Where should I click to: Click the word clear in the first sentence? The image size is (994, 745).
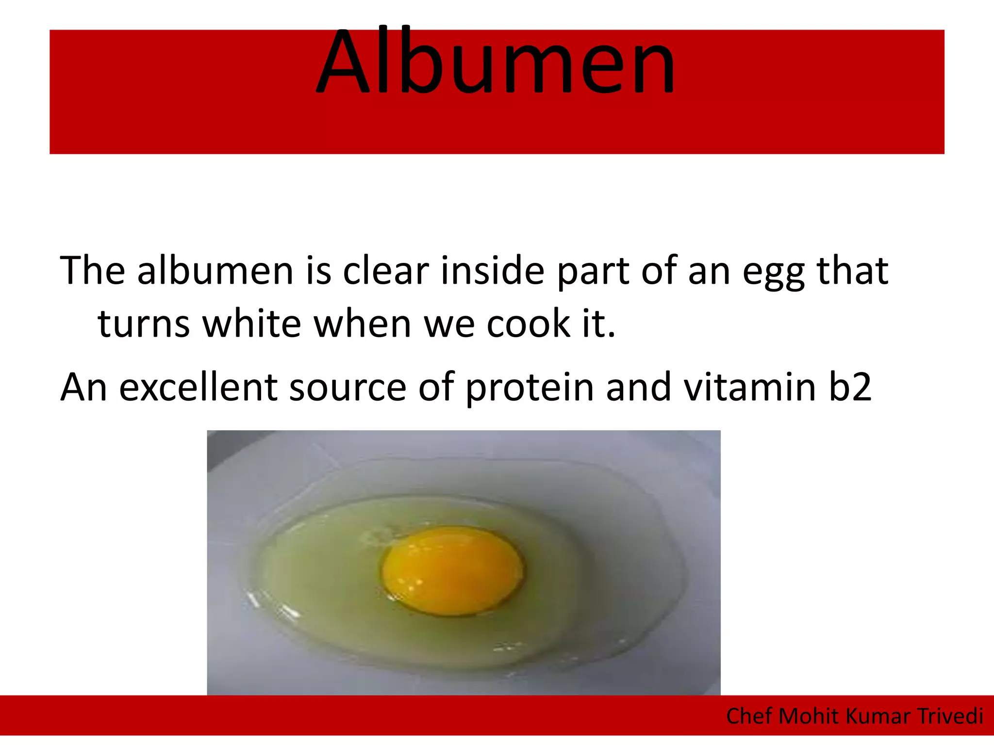click(x=386, y=271)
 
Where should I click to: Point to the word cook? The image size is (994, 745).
click(x=528, y=324)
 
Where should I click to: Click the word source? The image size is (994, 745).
click(x=348, y=388)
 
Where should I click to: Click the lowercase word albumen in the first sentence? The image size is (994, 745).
click(x=215, y=271)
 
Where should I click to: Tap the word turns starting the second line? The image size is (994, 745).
click(x=144, y=324)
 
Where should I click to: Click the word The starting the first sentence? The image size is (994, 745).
click(x=92, y=271)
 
